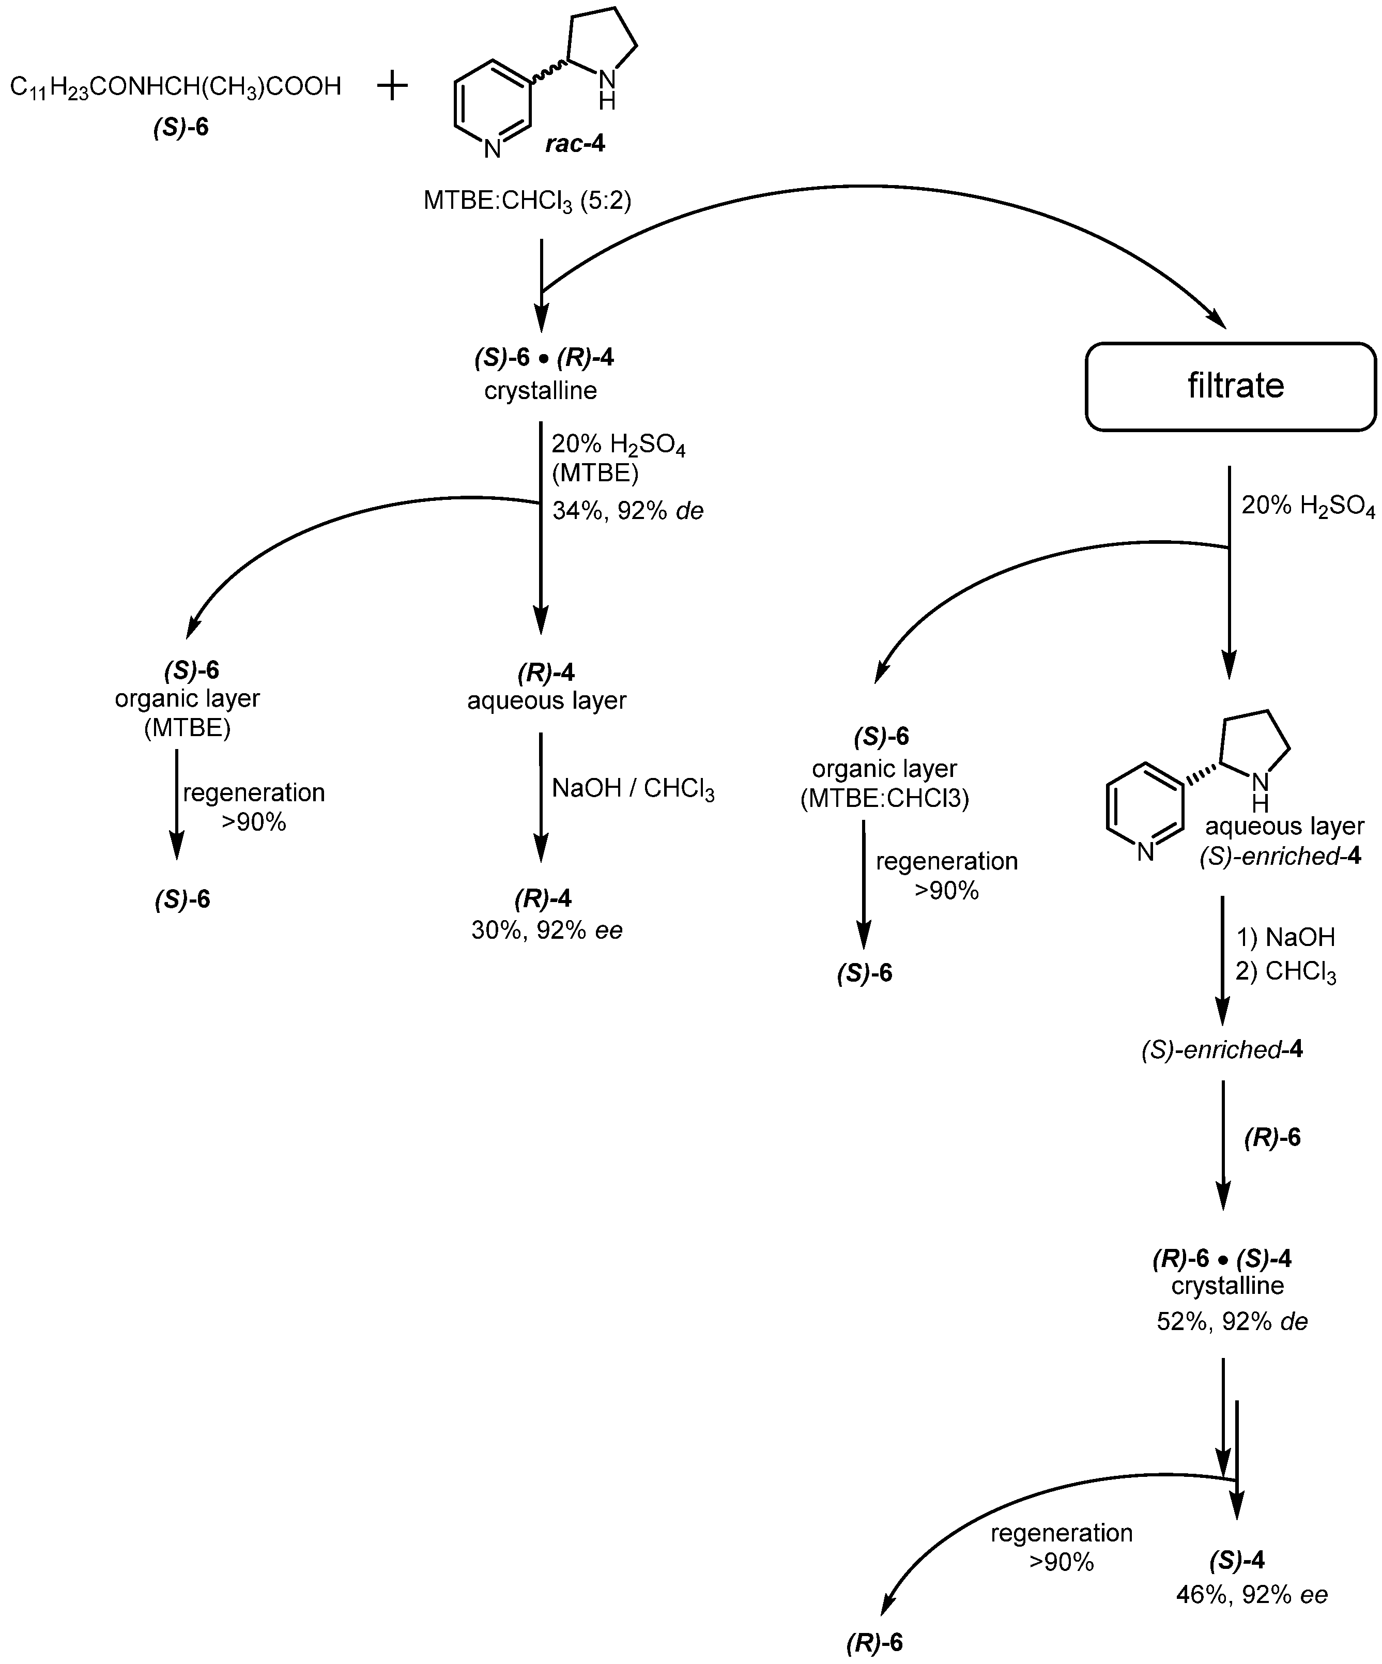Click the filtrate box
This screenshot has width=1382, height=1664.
pyautogui.click(x=1230, y=387)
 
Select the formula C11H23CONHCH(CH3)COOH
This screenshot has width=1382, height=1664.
pyautogui.click(x=175, y=86)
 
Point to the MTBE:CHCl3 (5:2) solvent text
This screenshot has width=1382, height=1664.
pyautogui.click(x=527, y=201)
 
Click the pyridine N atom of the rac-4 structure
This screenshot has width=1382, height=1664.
pyautogui.click(x=492, y=149)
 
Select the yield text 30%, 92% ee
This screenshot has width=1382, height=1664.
pyautogui.click(x=547, y=930)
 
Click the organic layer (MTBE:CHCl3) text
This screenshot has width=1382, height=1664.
pyautogui.click(x=884, y=784)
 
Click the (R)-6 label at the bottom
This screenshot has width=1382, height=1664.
pyautogui.click(x=875, y=1643)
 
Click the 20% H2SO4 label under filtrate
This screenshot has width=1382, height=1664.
pyautogui.click(x=1308, y=507)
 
